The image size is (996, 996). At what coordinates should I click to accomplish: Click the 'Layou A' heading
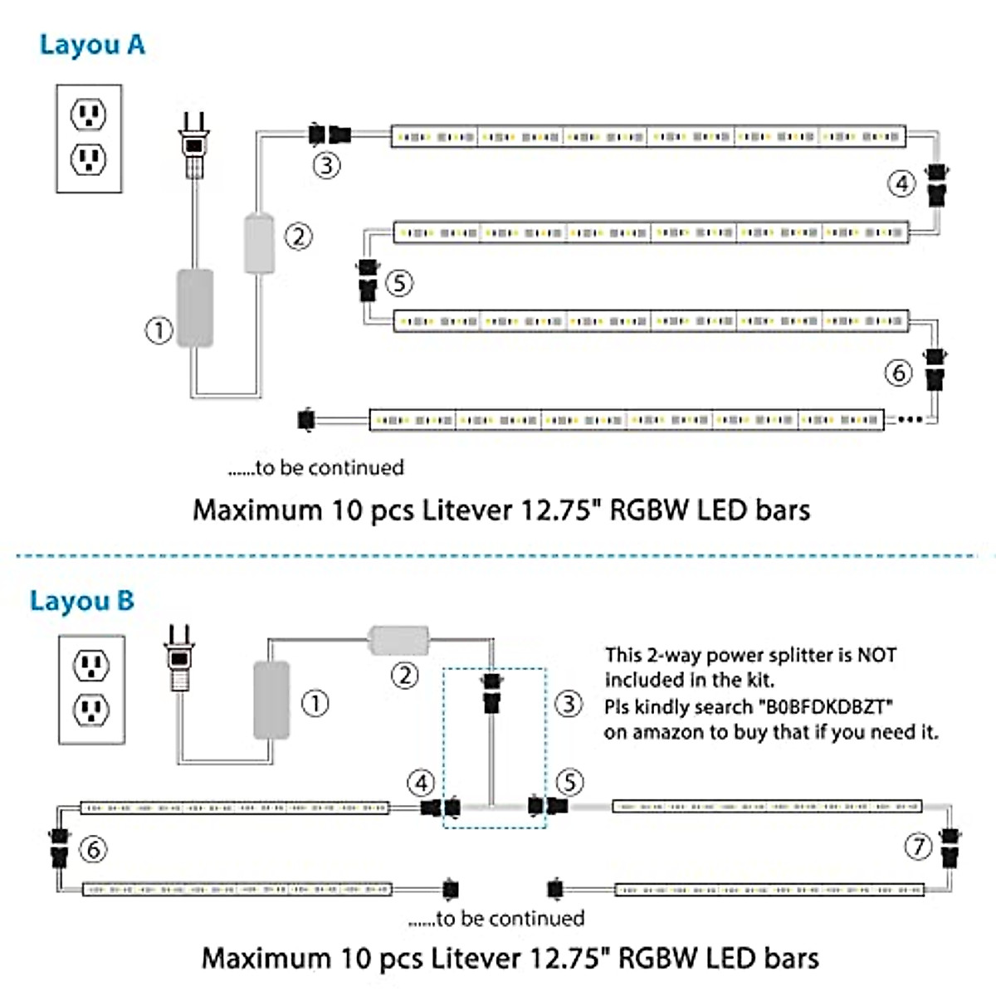pyautogui.click(x=92, y=45)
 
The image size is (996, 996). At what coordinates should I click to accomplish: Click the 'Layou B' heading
pyautogui.click(x=81, y=601)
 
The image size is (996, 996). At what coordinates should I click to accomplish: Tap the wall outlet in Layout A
pyautogui.click(x=89, y=139)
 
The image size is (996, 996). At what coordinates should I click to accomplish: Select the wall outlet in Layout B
pyautogui.click(x=91, y=689)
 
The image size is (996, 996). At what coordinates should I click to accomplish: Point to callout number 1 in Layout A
pyautogui.click(x=159, y=330)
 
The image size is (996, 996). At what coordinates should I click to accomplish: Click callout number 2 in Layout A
pyautogui.click(x=299, y=237)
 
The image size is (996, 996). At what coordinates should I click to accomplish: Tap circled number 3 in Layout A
pyautogui.click(x=326, y=165)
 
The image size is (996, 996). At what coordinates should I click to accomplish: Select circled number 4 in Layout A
pyautogui.click(x=901, y=183)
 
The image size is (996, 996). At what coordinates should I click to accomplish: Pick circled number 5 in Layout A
pyautogui.click(x=399, y=283)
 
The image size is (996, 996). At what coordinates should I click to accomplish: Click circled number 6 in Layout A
pyautogui.click(x=898, y=373)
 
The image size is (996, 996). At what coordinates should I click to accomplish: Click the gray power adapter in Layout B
pyautogui.click(x=271, y=700)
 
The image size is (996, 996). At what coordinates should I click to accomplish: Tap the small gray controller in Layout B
pyautogui.click(x=398, y=640)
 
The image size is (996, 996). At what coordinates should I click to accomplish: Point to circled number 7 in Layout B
pyautogui.click(x=918, y=847)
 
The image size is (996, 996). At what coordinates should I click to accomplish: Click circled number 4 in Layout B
pyautogui.click(x=421, y=783)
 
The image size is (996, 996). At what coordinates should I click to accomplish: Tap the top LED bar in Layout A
pyautogui.click(x=648, y=136)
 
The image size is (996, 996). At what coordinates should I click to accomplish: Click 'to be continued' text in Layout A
pyautogui.click(x=316, y=468)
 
